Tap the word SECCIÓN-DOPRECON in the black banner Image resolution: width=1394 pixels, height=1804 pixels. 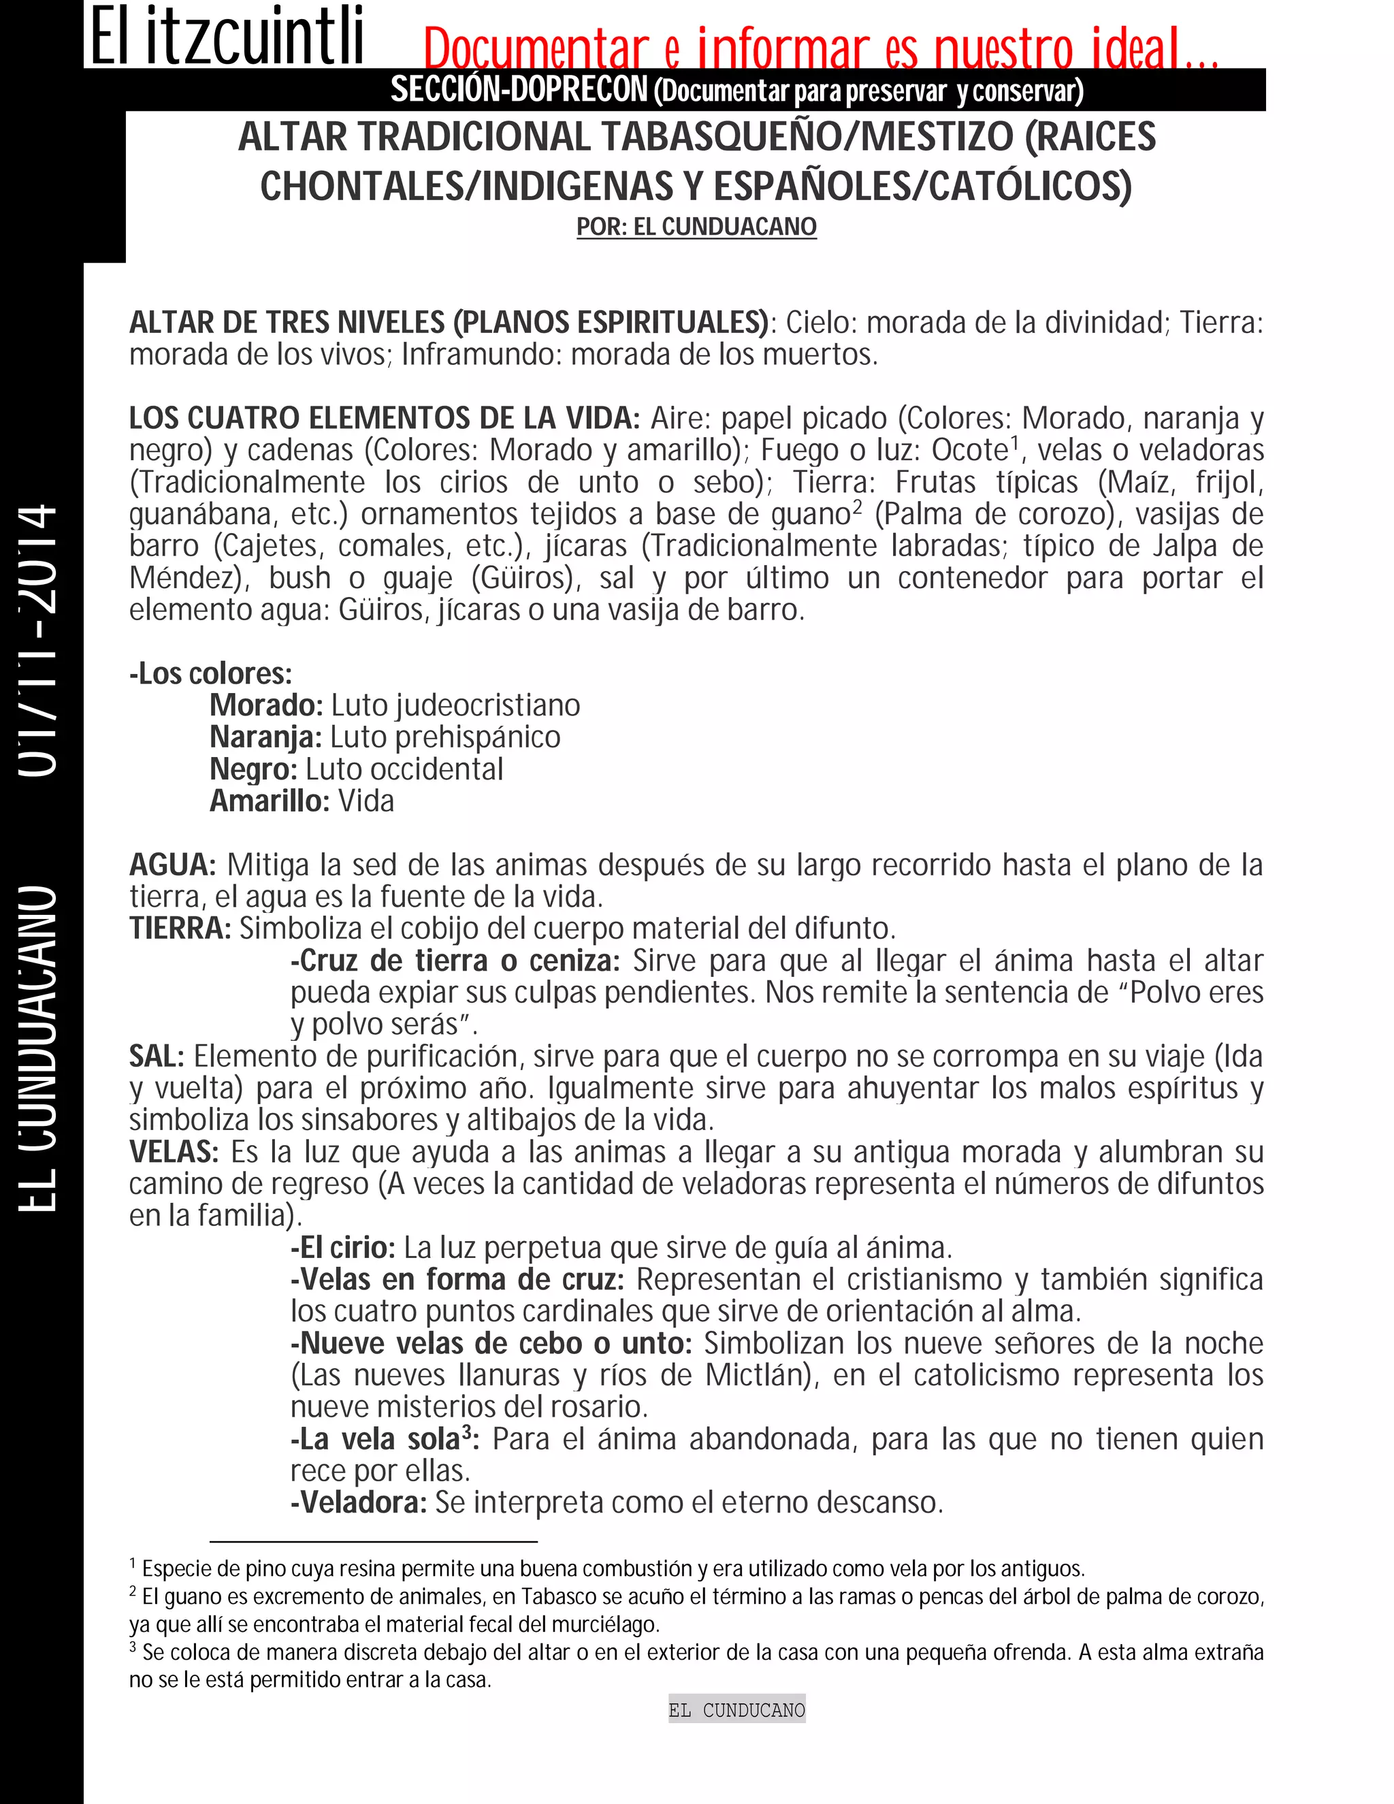(519, 90)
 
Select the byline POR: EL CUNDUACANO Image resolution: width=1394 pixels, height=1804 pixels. (696, 227)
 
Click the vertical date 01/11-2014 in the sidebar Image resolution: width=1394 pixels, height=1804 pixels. (39, 640)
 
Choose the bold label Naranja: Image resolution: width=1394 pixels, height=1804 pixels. (265, 737)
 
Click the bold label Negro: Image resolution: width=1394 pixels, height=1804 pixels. (253, 769)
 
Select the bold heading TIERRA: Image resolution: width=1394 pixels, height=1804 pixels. (180, 929)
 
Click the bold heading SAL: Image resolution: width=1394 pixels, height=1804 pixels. (156, 1057)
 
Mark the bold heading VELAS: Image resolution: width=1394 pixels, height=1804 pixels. (174, 1151)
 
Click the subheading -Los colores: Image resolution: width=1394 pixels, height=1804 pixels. (210, 673)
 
